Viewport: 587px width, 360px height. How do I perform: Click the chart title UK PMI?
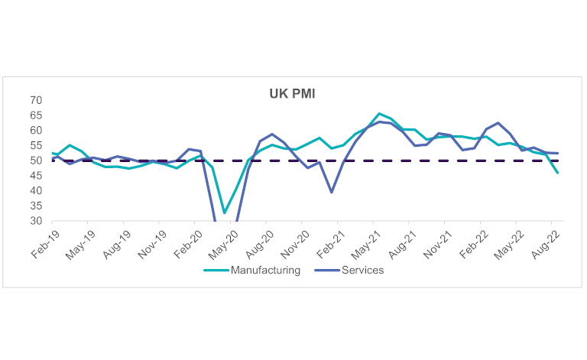[293, 94]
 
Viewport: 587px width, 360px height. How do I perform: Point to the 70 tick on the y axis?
[36, 100]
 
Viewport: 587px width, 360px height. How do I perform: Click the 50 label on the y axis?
[36, 161]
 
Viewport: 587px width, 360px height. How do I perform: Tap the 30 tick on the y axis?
[36, 221]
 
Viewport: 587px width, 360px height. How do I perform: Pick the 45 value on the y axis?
[36, 176]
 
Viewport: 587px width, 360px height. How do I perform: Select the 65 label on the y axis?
[36, 115]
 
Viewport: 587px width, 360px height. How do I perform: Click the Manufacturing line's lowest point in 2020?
[224, 213]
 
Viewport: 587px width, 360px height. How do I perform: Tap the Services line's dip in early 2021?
[332, 192]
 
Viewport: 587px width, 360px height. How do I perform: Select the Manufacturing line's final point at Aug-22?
[557, 173]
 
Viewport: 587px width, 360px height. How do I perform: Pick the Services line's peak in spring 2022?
[498, 123]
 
